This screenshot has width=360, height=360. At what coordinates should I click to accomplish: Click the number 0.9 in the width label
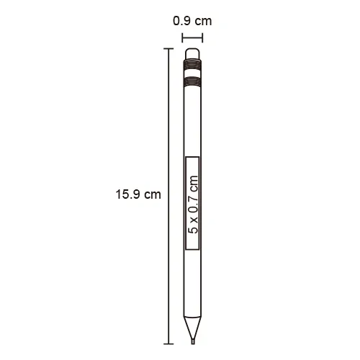pyautogui.click(x=181, y=21)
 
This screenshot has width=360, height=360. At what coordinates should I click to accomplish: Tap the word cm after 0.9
pyautogui.click(x=203, y=22)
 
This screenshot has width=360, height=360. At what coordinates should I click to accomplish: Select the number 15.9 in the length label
pyautogui.click(x=127, y=194)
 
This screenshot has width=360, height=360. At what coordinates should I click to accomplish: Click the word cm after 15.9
pyautogui.click(x=153, y=194)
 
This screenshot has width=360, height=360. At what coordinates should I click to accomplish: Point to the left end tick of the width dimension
pyautogui.click(x=182, y=38)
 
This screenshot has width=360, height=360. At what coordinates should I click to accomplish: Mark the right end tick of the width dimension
pyautogui.click(x=202, y=38)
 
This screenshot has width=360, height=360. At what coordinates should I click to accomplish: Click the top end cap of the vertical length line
pyautogui.click(x=168, y=49)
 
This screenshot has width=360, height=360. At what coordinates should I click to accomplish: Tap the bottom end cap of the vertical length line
pyautogui.click(x=168, y=344)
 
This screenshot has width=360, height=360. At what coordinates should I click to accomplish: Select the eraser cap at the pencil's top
pyautogui.click(x=192, y=54)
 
